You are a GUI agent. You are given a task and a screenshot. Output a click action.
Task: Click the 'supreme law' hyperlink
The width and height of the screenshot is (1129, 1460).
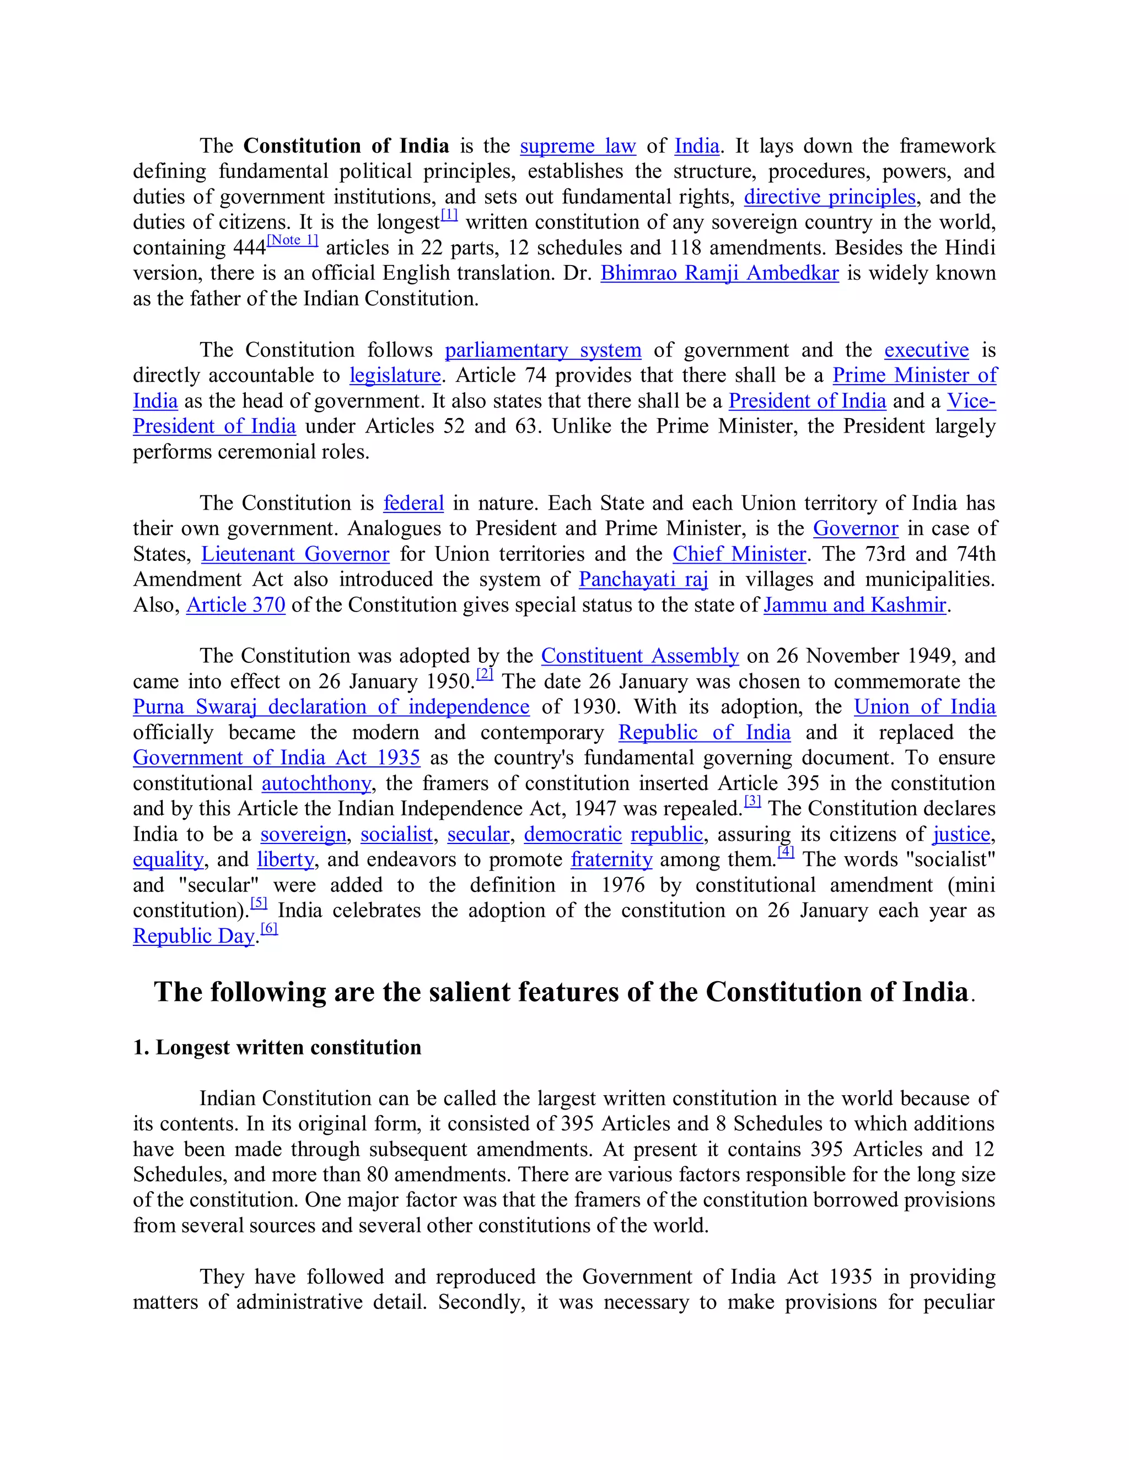[x=577, y=146]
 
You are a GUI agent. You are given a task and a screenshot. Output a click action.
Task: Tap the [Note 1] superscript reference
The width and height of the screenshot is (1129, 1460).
[x=292, y=240]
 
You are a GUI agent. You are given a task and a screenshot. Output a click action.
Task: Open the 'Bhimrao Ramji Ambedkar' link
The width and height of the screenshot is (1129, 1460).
[x=719, y=273]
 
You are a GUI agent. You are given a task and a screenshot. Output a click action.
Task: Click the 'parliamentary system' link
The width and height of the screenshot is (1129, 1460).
[x=542, y=350]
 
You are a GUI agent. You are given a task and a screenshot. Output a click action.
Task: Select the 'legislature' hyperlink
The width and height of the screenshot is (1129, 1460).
[x=395, y=375]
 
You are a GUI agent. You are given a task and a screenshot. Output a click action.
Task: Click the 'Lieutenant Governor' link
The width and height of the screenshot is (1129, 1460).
[x=295, y=554]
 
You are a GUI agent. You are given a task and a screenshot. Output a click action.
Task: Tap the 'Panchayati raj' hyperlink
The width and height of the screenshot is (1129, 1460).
[x=643, y=579]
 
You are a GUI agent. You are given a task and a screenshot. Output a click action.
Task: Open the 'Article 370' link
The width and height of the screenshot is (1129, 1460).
[x=235, y=604]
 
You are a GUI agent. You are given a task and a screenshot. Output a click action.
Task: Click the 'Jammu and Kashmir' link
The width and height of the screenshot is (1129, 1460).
[x=855, y=604]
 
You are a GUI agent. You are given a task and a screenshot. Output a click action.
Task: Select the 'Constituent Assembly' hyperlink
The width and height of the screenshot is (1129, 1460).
[x=639, y=655]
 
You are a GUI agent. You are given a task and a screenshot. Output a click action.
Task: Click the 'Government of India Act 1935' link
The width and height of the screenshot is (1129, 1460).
[x=276, y=758]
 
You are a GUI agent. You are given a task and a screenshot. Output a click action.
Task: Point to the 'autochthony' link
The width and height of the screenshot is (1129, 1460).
[x=316, y=783]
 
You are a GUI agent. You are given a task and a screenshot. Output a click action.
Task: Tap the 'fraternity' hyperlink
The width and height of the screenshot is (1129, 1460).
[x=611, y=859]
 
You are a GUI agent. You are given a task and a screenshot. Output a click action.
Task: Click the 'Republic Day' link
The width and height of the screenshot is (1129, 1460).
[x=194, y=936]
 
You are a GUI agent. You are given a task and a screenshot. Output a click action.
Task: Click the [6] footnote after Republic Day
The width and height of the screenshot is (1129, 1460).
[x=269, y=928]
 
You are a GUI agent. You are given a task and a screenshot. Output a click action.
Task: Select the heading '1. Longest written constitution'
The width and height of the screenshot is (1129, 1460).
[x=277, y=1047]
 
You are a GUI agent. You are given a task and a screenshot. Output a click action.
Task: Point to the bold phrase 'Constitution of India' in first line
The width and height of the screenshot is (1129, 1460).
[x=346, y=146]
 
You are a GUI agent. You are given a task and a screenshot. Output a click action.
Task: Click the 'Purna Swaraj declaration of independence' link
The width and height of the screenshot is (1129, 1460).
[x=331, y=707]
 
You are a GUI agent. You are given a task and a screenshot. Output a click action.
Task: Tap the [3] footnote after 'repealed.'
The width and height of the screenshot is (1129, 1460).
[x=752, y=801]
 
